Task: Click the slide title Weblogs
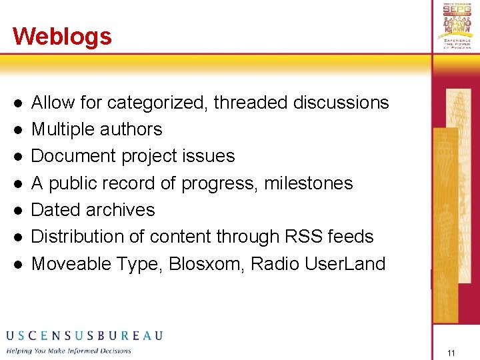pos(62,36)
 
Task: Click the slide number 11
pos(451,353)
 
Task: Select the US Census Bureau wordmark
pos(84,335)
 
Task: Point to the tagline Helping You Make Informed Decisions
pos(69,351)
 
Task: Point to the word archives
pos(124,209)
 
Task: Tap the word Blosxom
pos(206,263)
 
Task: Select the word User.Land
pos(345,263)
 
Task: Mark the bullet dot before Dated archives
pos(19,210)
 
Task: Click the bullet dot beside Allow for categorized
pos(19,103)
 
